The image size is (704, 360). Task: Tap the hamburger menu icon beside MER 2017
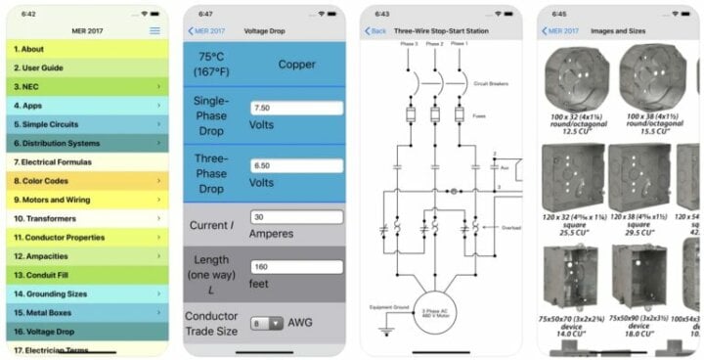[x=154, y=31]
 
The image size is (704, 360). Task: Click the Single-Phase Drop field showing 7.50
[x=295, y=108]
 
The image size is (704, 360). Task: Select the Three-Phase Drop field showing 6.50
[x=295, y=166]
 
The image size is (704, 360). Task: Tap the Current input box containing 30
[x=295, y=217]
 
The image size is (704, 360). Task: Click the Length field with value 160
[x=295, y=266]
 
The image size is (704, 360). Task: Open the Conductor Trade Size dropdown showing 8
[x=267, y=323]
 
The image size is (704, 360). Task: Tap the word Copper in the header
[x=297, y=64]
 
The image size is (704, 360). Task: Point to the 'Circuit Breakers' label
[x=479, y=84]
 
